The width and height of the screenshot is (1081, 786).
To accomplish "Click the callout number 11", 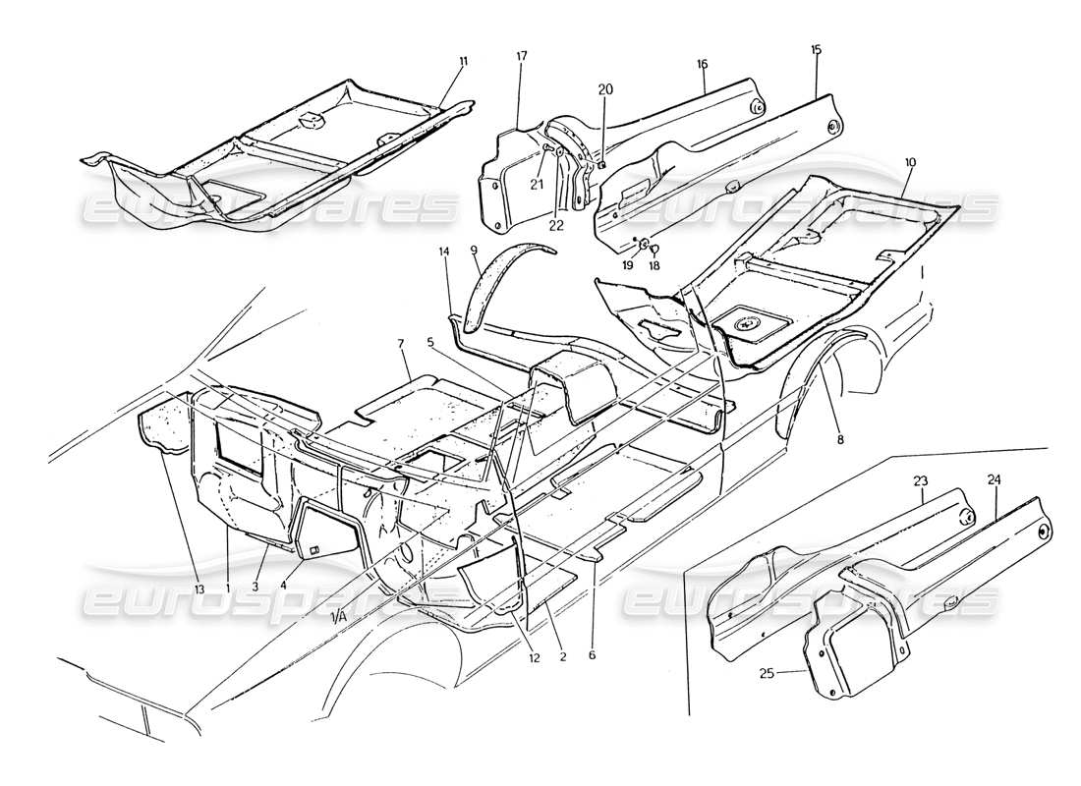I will click(x=463, y=61).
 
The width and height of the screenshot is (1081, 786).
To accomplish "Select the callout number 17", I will click(x=522, y=56).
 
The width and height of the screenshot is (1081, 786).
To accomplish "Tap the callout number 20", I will click(x=605, y=89).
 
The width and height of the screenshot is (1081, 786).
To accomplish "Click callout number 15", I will click(x=816, y=49).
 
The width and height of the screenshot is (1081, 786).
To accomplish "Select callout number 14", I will click(x=445, y=252).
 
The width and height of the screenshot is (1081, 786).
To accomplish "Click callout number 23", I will click(x=920, y=481).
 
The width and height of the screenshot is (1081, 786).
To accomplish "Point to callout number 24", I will click(x=995, y=480).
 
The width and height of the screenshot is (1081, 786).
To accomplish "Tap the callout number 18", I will click(x=654, y=265).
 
